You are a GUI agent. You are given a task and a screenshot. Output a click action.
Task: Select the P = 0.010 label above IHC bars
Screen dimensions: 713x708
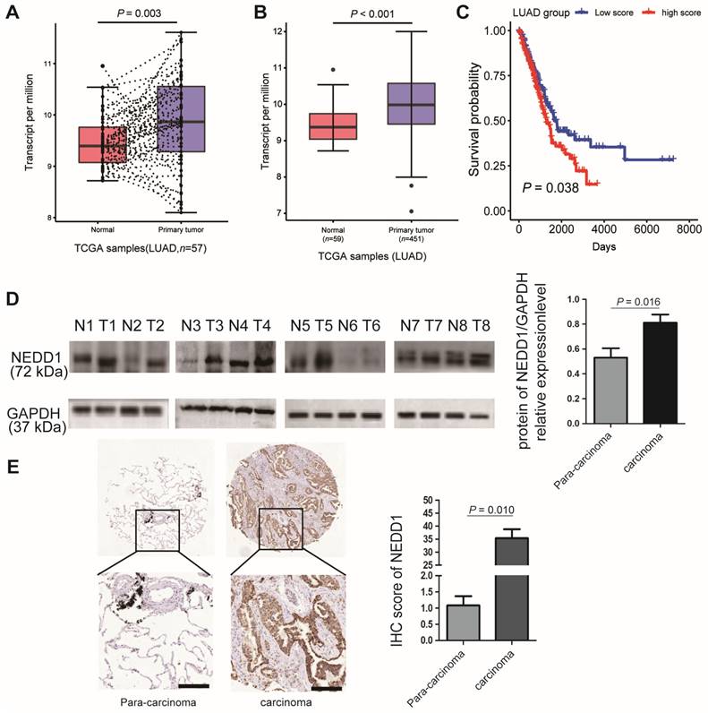[x=491, y=510]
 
